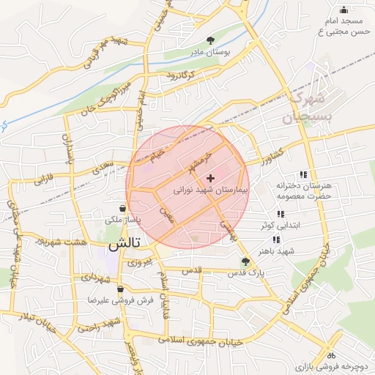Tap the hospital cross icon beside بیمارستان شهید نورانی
coord(211,177)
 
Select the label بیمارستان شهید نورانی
coord(212,189)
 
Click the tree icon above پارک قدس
coord(245,261)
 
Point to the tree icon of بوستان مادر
coord(212,40)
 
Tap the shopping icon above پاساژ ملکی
coord(122,208)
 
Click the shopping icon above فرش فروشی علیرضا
coord(120,289)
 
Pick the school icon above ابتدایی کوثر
coord(279,215)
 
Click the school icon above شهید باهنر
coord(276,239)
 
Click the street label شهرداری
coord(97,279)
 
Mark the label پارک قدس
coord(245,273)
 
